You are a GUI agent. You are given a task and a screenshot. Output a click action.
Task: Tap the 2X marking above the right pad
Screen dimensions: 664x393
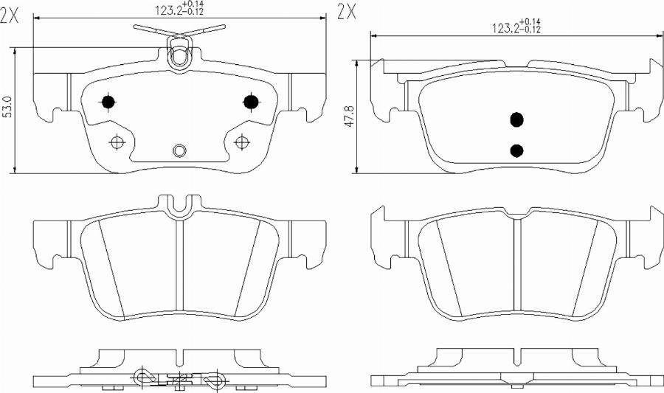[x=347, y=13]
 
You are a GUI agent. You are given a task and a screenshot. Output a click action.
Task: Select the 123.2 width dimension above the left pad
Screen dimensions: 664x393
[x=179, y=8]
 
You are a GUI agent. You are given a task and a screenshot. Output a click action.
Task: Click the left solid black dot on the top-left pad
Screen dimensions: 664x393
[x=108, y=102]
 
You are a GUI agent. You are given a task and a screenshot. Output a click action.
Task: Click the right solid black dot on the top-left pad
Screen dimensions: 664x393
[x=251, y=101]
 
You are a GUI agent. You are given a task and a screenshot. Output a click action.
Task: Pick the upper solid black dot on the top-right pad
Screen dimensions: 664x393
[x=516, y=120]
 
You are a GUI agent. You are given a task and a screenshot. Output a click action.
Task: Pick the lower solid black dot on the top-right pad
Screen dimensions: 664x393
[x=516, y=150]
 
